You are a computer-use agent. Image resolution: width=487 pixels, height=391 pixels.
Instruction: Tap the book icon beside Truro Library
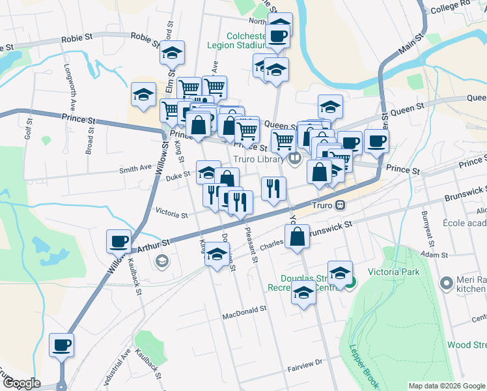point(295,158)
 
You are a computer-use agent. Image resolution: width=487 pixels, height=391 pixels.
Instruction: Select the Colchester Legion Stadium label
point(236,41)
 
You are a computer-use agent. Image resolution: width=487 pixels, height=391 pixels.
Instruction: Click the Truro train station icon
point(340,205)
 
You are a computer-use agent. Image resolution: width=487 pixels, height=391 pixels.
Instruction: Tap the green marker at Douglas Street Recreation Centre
point(350,282)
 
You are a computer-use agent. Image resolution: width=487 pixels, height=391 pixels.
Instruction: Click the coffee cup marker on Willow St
point(119,242)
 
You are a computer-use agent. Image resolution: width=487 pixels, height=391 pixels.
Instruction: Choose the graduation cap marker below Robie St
point(173,53)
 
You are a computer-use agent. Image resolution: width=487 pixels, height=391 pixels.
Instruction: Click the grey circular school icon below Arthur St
point(161,261)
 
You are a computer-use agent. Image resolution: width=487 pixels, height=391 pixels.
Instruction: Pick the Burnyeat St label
point(426,224)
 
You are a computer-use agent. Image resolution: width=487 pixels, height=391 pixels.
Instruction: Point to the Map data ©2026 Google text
point(446,386)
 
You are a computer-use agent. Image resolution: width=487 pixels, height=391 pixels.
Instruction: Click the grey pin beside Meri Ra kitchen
point(447,283)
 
